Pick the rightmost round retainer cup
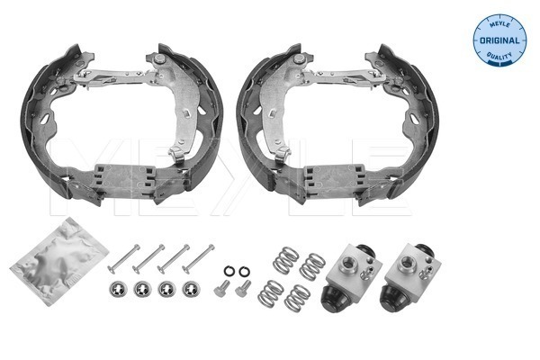coord(189,289)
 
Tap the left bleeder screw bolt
coord(220,289)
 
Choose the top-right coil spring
coord(312,265)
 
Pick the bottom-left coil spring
coord(270,292)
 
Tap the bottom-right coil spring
coord(298,297)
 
